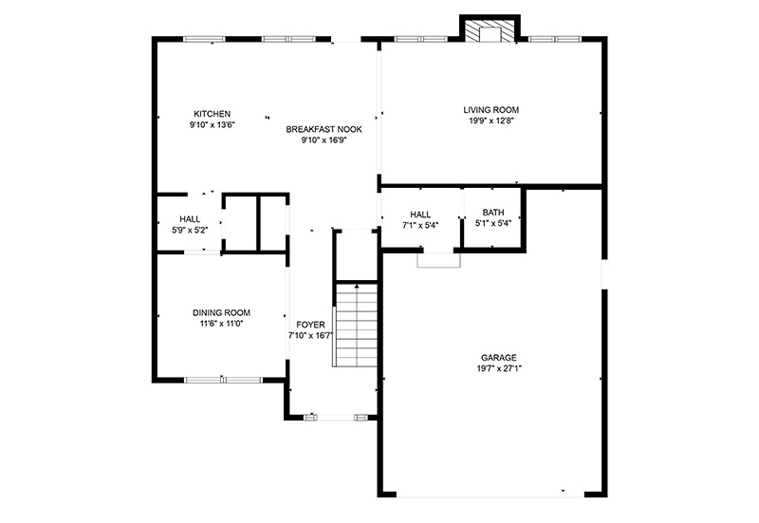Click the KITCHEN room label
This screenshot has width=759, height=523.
212,114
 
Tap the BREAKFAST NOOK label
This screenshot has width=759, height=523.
324,129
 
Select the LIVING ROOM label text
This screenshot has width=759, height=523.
491,110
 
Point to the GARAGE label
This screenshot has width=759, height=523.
499,358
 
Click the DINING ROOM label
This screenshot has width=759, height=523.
221,313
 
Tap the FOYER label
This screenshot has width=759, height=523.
310,325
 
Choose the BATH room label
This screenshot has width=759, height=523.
493,213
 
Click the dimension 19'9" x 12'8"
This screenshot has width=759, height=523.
491,121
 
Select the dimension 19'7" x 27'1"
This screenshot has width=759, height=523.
499,368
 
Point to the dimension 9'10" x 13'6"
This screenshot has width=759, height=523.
212,125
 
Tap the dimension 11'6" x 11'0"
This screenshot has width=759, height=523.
221,324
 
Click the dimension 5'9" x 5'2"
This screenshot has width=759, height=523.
190,231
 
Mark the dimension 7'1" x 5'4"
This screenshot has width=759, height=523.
420,225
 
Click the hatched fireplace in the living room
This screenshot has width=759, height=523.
490,30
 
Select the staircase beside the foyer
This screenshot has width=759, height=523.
356,326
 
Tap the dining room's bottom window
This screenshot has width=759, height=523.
223,380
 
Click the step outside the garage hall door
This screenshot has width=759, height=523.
438,260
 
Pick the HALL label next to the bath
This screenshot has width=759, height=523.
420,215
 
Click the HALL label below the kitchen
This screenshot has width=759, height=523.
190,219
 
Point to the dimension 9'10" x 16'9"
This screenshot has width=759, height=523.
324,140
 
